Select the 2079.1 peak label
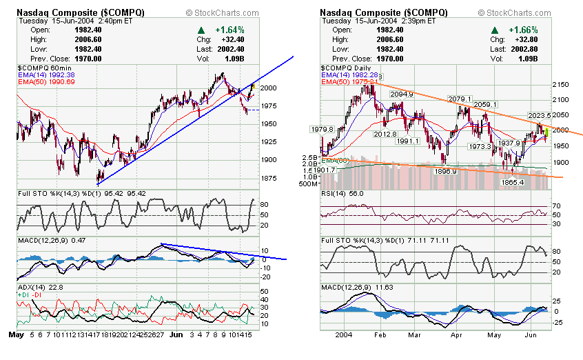click(x=459, y=99)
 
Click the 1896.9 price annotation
click(x=445, y=171)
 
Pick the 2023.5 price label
click(x=541, y=115)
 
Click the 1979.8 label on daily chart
click(x=323, y=129)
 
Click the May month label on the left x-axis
click(x=17, y=334)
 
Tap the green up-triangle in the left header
click(x=201, y=30)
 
